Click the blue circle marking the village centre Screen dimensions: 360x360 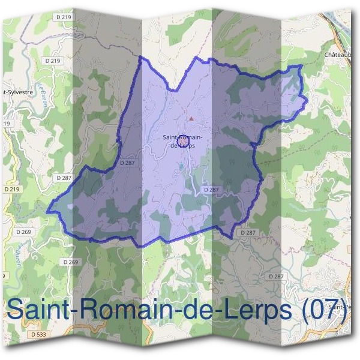[185, 140]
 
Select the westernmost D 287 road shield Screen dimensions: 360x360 [64, 178]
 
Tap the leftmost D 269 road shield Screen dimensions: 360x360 [23, 232]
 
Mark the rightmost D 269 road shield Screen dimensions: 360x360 [70, 262]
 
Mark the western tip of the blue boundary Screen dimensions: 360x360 [48, 209]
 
